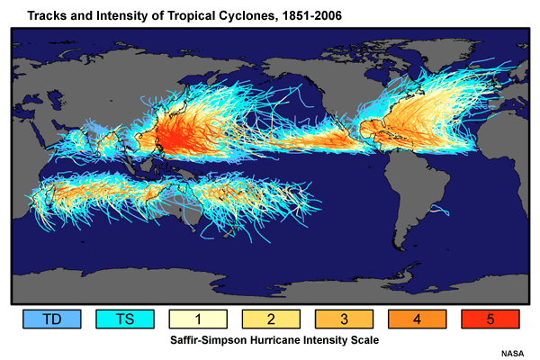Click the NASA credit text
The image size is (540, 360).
514,354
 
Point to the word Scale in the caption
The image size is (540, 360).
355,340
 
